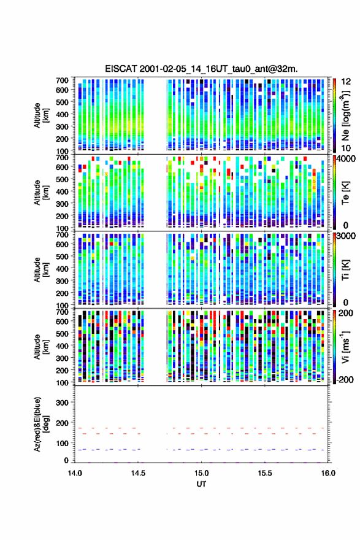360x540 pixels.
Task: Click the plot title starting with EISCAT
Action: pos(201,69)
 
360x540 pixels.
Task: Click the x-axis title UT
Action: pos(201,484)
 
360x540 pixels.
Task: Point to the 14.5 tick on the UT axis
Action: pos(138,473)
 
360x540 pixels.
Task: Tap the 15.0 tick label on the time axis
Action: pos(201,473)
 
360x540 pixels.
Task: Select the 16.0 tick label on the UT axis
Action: pos(328,473)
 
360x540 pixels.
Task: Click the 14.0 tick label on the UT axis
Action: pos(75,473)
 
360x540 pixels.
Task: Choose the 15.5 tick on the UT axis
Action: pos(265,473)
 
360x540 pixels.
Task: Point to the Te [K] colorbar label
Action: pos(345,193)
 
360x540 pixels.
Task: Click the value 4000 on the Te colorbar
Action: pos(345,159)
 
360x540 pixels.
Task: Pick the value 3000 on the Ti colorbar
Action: pos(345,236)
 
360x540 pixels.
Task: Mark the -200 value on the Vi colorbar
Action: pos(344,379)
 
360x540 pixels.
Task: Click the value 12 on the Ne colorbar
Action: pos(346,81)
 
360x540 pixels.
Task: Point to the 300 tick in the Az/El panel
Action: pos(62,403)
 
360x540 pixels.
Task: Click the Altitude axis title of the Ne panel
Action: pos(40,115)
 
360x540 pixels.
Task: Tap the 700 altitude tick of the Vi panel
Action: pos(62,312)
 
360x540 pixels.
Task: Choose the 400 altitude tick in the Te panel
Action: pos(62,191)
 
